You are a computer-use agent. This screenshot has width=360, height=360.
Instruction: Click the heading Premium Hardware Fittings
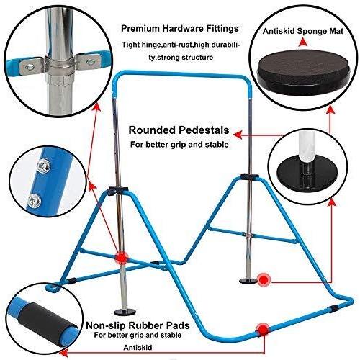click(x=180, y=29)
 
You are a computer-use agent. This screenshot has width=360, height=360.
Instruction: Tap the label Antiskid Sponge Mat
click(x=303, y=31)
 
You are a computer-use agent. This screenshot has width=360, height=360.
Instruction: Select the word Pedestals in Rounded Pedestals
click(x=204, y=130)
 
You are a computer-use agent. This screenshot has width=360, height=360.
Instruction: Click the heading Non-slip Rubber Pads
click(x=138, y=325)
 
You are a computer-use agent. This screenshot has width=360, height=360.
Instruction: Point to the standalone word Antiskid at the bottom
click(x=138, y=348)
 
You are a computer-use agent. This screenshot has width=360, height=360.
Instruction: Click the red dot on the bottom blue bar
click(x=264, y=330)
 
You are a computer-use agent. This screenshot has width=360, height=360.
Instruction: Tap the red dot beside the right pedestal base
click(x=264, y=279)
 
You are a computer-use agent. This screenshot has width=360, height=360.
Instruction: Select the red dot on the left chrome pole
click(x=122, y=258)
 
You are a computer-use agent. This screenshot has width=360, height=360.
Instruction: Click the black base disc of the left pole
click(x=125, y=312)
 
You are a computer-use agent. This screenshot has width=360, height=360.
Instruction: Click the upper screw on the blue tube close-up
click(x=45, y=166)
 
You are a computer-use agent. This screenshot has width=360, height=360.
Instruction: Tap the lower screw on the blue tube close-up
click(x=34, y=200)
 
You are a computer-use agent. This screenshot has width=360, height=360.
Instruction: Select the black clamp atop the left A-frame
click(x=117, y=191)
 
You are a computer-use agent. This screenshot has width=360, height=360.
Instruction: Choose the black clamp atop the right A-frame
click(x=250, y=176)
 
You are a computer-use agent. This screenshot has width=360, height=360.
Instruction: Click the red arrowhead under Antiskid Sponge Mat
click(x=303, y=42)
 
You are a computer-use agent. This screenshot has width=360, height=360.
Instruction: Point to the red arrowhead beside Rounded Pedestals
click(x=238, y=135)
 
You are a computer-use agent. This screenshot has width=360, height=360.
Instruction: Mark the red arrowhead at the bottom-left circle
click(x=63, y=353)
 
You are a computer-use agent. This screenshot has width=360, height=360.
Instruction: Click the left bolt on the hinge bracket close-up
click(x=30, y=68)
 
